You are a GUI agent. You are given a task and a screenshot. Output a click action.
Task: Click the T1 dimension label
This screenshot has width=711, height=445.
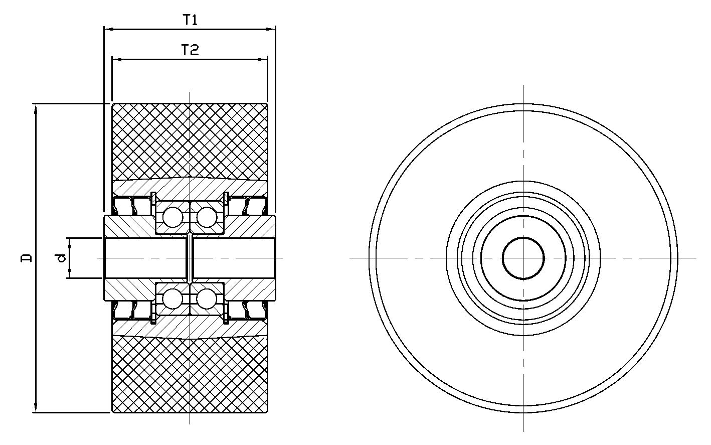tap(190, 20)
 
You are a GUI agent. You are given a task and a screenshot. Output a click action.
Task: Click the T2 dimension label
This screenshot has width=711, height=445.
tap(190, 50)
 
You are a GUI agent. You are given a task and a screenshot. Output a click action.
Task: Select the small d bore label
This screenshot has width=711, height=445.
tap(62, 257)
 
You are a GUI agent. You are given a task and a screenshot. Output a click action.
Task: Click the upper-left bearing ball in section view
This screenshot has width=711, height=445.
tap(172, 217)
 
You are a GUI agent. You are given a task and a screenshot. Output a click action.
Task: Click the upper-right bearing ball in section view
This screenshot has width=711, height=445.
tap(207, 217)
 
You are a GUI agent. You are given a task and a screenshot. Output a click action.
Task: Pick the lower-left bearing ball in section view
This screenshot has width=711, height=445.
tap(172, 299)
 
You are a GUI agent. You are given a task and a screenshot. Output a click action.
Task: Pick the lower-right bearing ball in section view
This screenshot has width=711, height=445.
tap(207, 299)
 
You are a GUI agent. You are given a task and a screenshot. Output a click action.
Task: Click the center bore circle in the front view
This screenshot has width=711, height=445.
tap(523, 258)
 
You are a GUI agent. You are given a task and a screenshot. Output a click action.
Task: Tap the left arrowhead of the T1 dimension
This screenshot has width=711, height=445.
tap(109, 29)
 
